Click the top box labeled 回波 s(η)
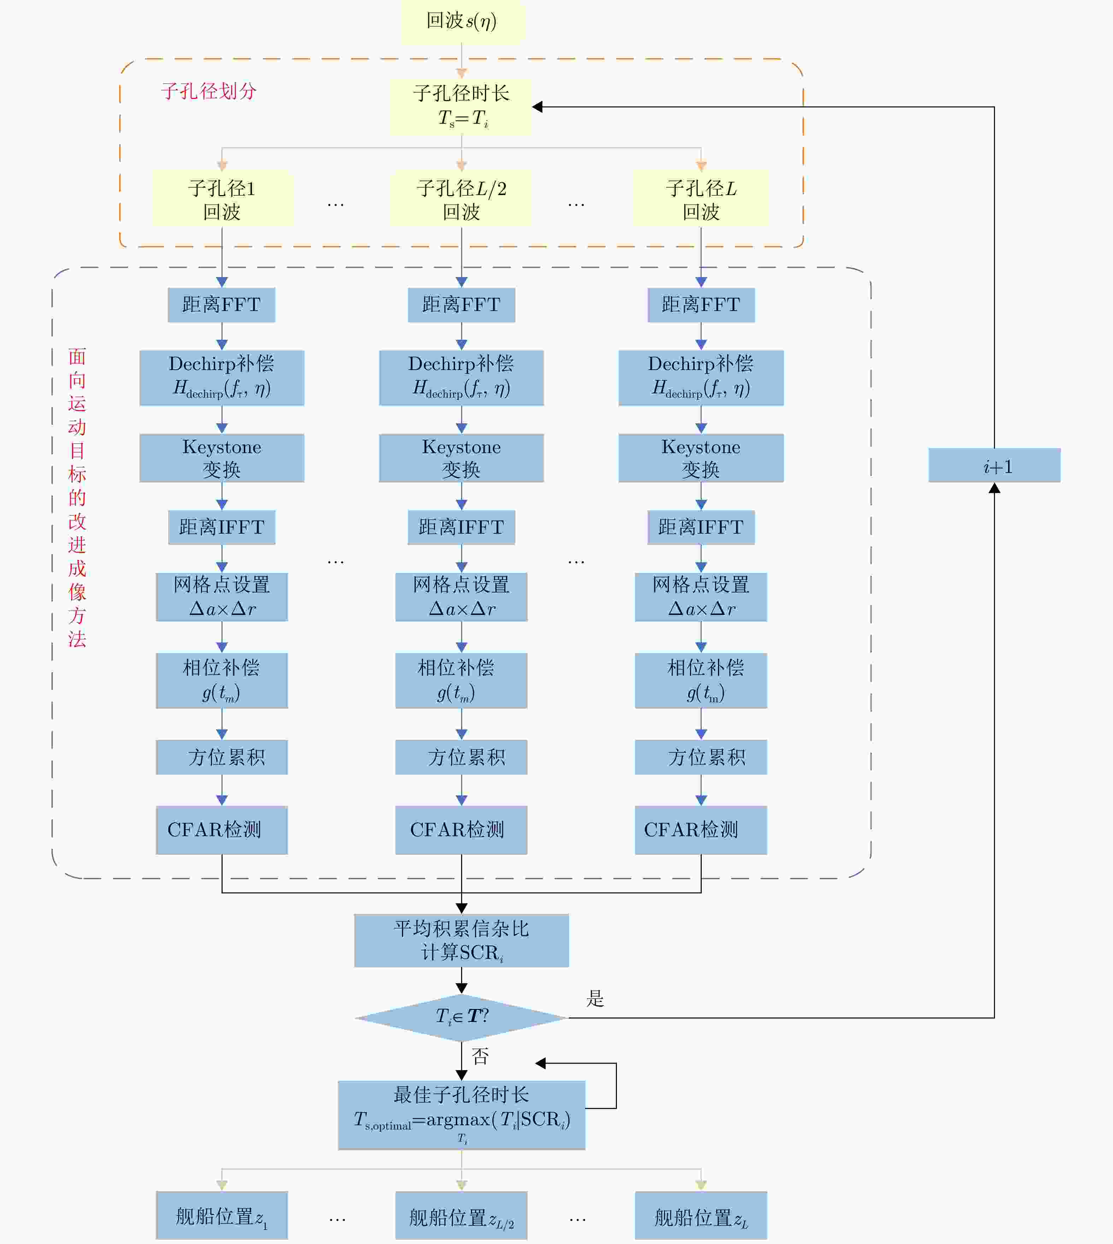point(462,22)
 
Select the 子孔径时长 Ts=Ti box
point(462,106)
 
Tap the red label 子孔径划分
point(208,91)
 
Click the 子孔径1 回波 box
point(222,199)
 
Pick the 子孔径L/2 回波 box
point(462,199)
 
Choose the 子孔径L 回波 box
point(701,199)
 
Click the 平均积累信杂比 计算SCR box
point(462,940)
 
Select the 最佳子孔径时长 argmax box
point(462,1114)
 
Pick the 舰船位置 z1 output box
point(222,1216)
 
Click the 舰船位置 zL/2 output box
point(462,1216)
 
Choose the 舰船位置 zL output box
point(701,1216)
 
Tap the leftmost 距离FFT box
point(222,305)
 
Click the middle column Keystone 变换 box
point(462,458)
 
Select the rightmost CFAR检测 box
point(701,829)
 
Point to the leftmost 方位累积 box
point(222,757)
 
